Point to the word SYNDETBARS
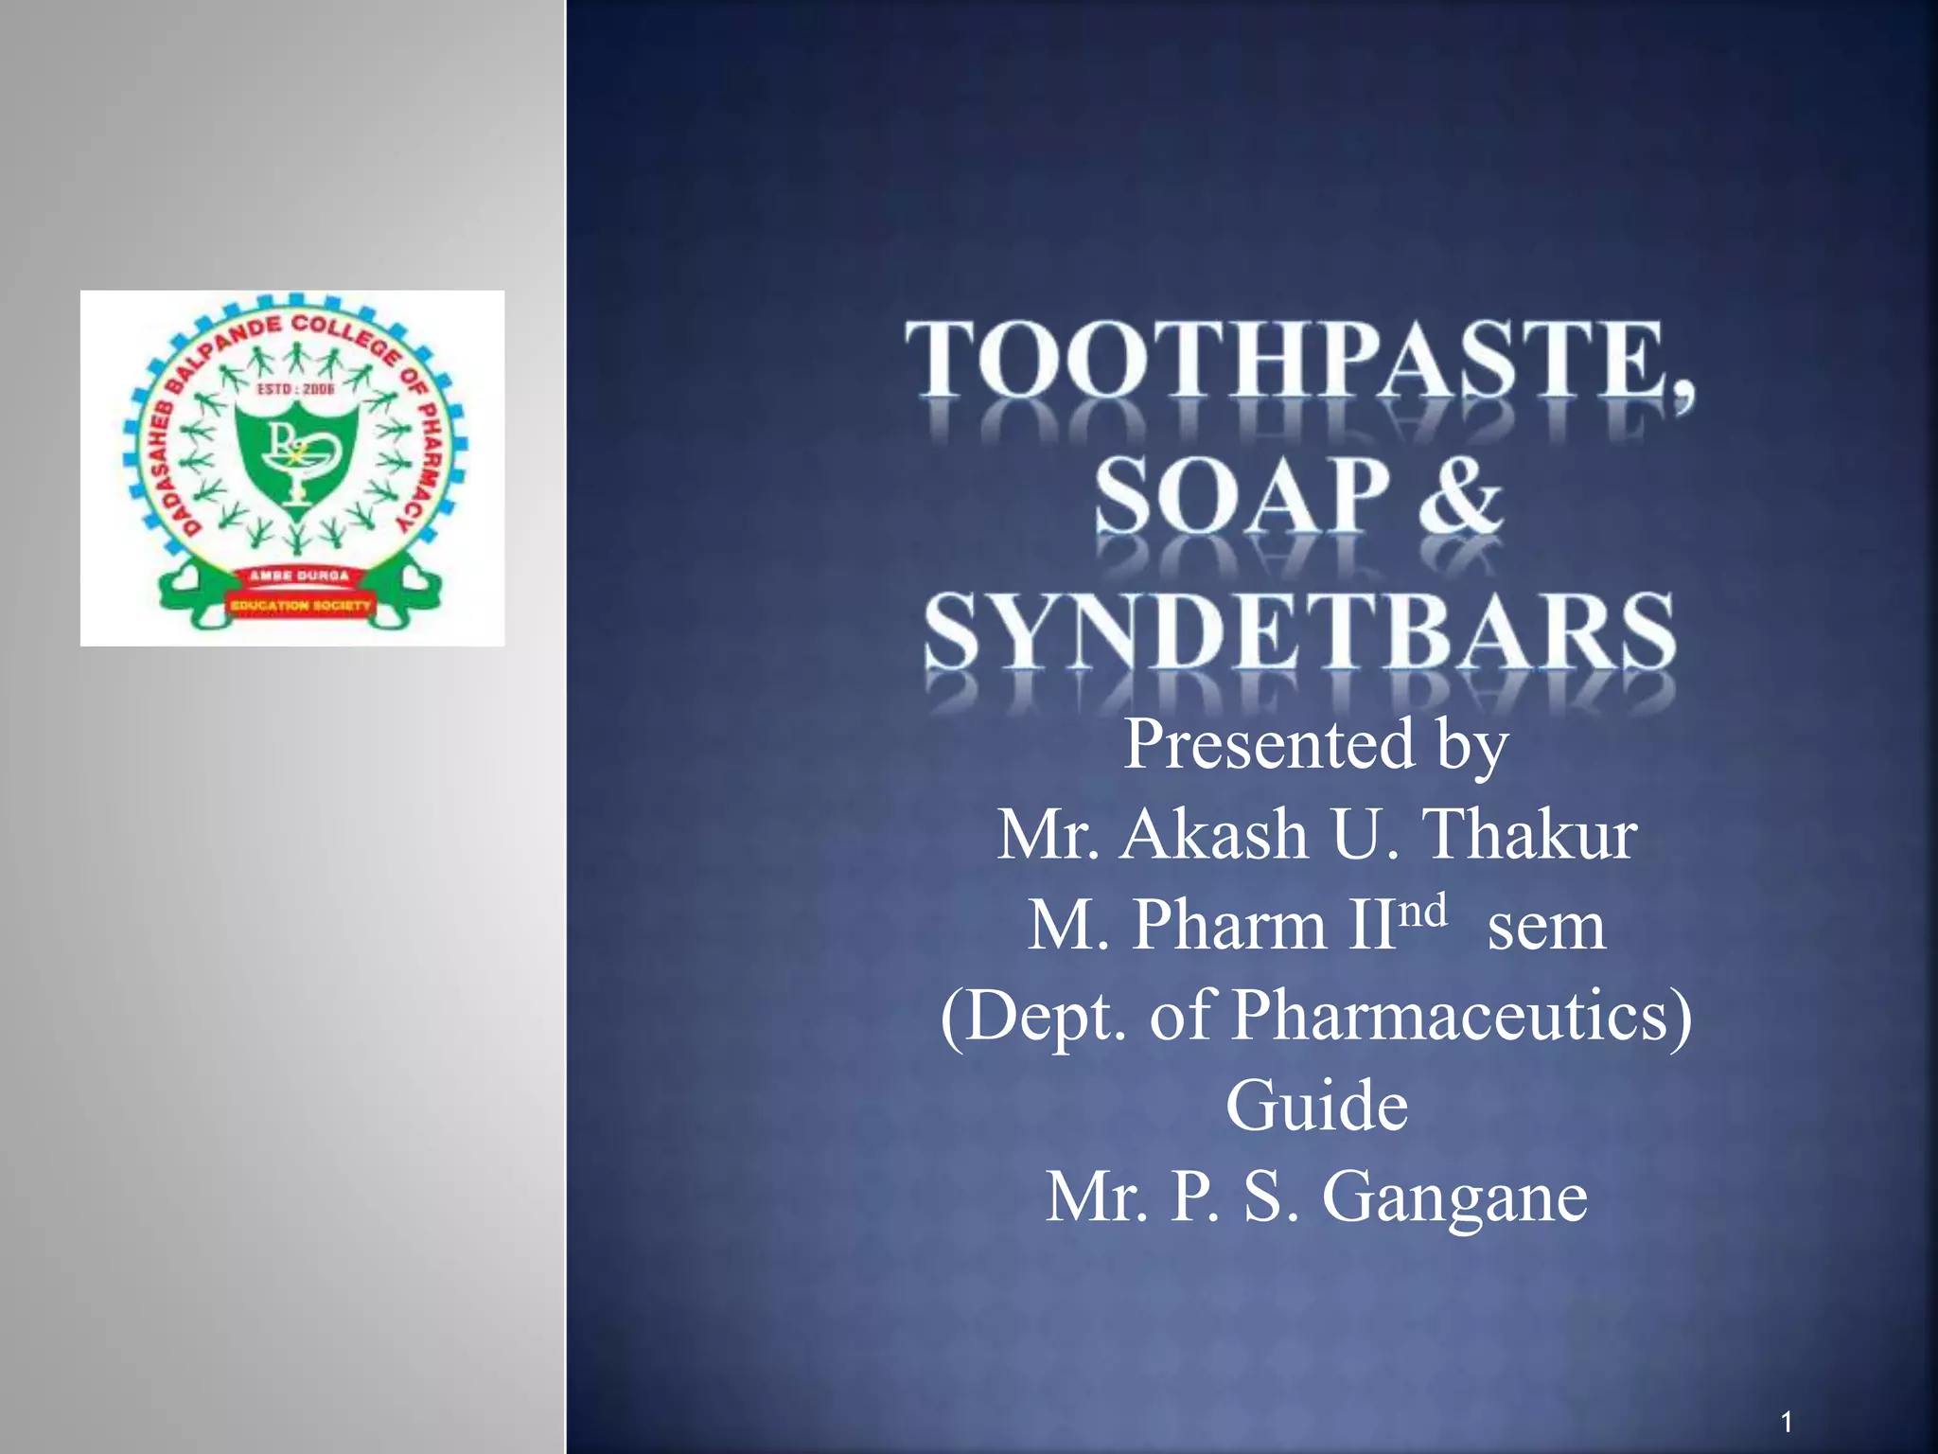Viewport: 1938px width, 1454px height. click(1300, 631)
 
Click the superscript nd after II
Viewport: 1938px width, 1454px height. click(1422, 911)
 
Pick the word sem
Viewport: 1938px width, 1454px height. click(1546, 926)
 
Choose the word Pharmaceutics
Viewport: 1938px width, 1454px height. click(1462, 1016)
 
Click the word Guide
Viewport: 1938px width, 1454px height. click(1316, 1106)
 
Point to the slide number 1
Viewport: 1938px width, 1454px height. click(1786, 1421)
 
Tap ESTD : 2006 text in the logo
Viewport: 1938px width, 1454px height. click(296, 388)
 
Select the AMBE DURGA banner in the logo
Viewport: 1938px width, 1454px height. click(299, 576)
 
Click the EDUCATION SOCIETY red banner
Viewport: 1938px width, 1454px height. click(301, 605)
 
